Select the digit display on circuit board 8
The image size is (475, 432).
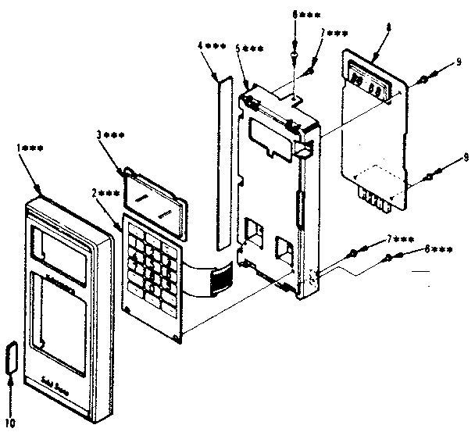click(x=366, y=84)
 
